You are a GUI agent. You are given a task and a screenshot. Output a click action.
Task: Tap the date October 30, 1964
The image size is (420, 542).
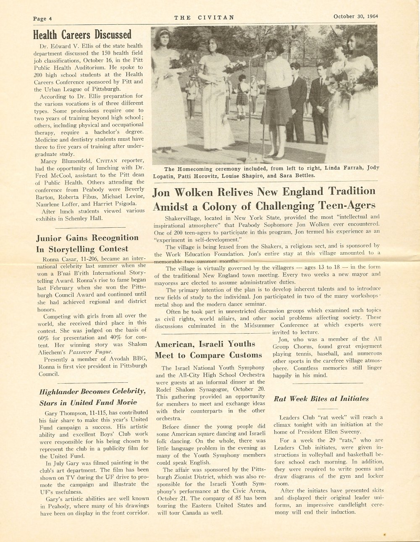pyautogui.click(x=355, y=17)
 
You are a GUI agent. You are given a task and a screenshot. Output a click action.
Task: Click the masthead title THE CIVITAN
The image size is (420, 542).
pyautogui.click(x=204, y=18)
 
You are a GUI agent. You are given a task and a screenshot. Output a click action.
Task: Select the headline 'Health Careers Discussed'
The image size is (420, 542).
pyautogui.click(x=82, y=34)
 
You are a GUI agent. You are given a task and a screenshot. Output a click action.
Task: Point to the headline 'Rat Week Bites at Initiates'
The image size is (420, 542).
pyautogui.click(x=321, y=399)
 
